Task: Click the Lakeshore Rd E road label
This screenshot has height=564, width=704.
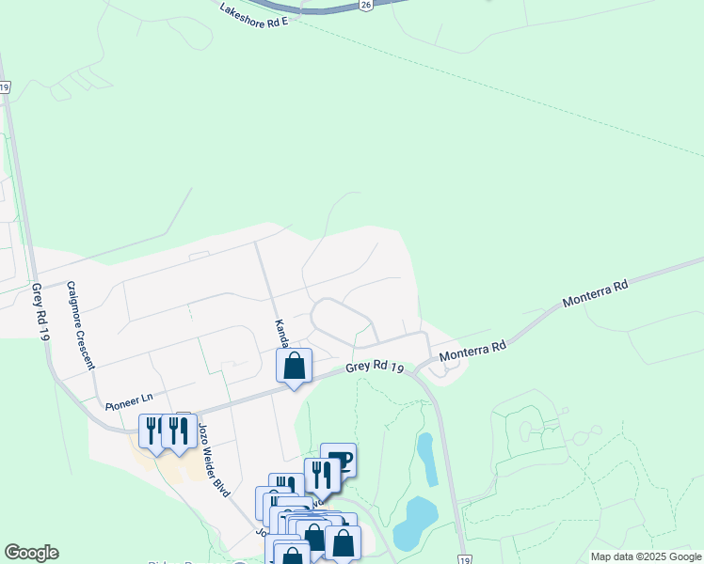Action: click(x=253, y=14)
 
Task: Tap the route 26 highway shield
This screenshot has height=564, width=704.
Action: click(x=364, y=6)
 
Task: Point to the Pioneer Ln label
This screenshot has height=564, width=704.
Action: click(x=129, y=401)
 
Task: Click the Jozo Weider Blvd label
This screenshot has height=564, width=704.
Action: click(x=214, y=458)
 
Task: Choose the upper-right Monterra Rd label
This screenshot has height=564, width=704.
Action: click(x=595, y=292)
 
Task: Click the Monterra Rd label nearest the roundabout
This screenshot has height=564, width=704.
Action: click(x=472, y=351)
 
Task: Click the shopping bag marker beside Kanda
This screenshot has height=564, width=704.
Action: click(x=294, y=366)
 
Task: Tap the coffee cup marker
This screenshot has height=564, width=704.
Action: click(x=339, y=460)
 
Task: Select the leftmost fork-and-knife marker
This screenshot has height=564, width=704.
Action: click(x=152, y=431)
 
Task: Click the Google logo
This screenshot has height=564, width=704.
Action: click(x=31, y=553)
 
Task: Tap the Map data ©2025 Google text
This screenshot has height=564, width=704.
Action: click(x=646, y=556)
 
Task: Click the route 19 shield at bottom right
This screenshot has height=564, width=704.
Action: click(x=465, y=559)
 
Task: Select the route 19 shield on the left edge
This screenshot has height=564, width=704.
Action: click(x=5, y=86)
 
